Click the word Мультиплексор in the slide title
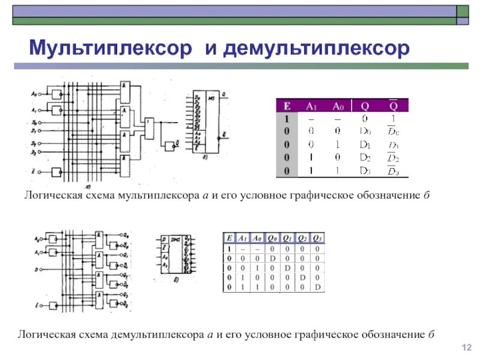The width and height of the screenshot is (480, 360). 111,47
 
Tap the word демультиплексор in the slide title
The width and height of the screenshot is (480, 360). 316,47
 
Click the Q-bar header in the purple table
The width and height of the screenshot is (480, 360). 392,106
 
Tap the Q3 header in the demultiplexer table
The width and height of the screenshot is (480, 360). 318,238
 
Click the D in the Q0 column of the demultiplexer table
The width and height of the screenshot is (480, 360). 272,257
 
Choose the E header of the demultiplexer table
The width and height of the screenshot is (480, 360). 229,238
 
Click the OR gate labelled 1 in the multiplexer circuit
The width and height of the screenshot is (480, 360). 149,126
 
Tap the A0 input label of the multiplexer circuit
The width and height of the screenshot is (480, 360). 34,94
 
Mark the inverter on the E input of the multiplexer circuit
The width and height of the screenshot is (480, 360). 58,172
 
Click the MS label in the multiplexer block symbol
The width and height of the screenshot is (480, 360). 211,97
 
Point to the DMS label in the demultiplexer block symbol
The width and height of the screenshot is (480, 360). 177,239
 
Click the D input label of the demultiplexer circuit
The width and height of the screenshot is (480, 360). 37,271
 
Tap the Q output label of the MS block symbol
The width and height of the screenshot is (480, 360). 223,94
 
